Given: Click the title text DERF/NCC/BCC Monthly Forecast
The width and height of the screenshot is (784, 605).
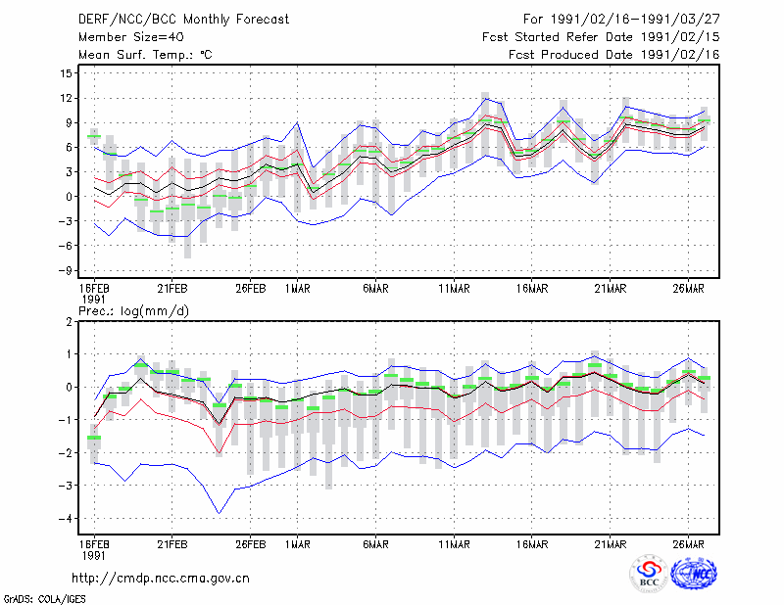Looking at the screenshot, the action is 183,20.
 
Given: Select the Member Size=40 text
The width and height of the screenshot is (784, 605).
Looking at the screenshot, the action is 131,37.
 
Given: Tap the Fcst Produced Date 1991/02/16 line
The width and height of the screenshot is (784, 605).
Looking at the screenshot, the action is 614,55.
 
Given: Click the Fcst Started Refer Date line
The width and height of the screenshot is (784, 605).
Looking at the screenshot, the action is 601,37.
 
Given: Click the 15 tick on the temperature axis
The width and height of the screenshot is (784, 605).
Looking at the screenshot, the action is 66,73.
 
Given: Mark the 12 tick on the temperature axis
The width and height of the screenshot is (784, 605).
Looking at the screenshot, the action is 66,98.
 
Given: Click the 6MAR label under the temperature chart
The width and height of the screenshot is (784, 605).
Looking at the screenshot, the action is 375,288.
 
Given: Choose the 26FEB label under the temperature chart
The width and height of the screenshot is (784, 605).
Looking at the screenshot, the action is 251,288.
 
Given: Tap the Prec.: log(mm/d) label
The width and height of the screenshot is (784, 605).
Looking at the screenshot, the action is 133,311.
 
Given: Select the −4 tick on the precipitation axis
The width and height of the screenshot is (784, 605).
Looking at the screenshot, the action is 64,518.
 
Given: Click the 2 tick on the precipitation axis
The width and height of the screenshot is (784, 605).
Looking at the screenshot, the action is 69,321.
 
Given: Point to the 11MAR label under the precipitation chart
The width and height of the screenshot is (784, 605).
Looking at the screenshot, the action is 454,544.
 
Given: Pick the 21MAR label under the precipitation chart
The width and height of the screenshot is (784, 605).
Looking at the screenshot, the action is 610,544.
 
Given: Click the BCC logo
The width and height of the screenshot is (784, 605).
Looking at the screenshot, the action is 649,574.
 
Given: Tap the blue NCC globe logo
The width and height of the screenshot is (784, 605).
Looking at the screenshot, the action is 694,574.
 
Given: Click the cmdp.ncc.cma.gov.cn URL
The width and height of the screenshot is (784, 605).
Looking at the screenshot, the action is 161,579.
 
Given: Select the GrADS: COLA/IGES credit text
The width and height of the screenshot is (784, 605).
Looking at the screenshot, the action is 44,599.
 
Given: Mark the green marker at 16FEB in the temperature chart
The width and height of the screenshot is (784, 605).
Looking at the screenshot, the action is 94,136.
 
